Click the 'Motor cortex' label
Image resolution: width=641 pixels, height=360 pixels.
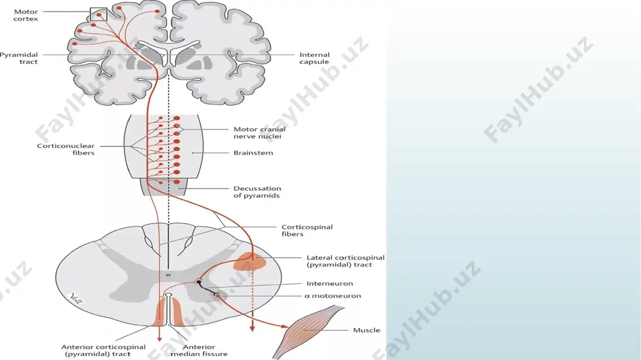26,15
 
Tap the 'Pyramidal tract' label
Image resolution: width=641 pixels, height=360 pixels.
19,58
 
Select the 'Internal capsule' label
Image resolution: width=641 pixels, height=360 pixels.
314,58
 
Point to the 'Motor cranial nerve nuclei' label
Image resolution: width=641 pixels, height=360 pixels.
259,133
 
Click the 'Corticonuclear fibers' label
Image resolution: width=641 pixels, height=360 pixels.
66,149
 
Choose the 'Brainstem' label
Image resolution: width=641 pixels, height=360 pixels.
253,153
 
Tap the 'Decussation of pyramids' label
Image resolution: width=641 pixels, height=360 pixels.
257,192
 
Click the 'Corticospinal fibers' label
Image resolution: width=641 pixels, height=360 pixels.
307,231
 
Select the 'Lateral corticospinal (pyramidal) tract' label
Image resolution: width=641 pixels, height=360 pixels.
345,261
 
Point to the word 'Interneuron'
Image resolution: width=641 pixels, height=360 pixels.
329,284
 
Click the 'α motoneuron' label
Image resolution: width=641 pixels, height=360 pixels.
333,296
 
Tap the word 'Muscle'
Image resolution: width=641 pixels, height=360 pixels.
366,330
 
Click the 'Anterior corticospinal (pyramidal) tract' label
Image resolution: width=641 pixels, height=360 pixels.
103,350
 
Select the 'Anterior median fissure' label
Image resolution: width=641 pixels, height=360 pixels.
199,350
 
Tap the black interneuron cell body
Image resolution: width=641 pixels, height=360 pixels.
199,282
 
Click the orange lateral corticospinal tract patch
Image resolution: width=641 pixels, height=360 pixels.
250,261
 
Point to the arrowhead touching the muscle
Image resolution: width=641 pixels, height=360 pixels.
285,326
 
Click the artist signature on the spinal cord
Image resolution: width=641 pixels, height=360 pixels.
76,299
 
